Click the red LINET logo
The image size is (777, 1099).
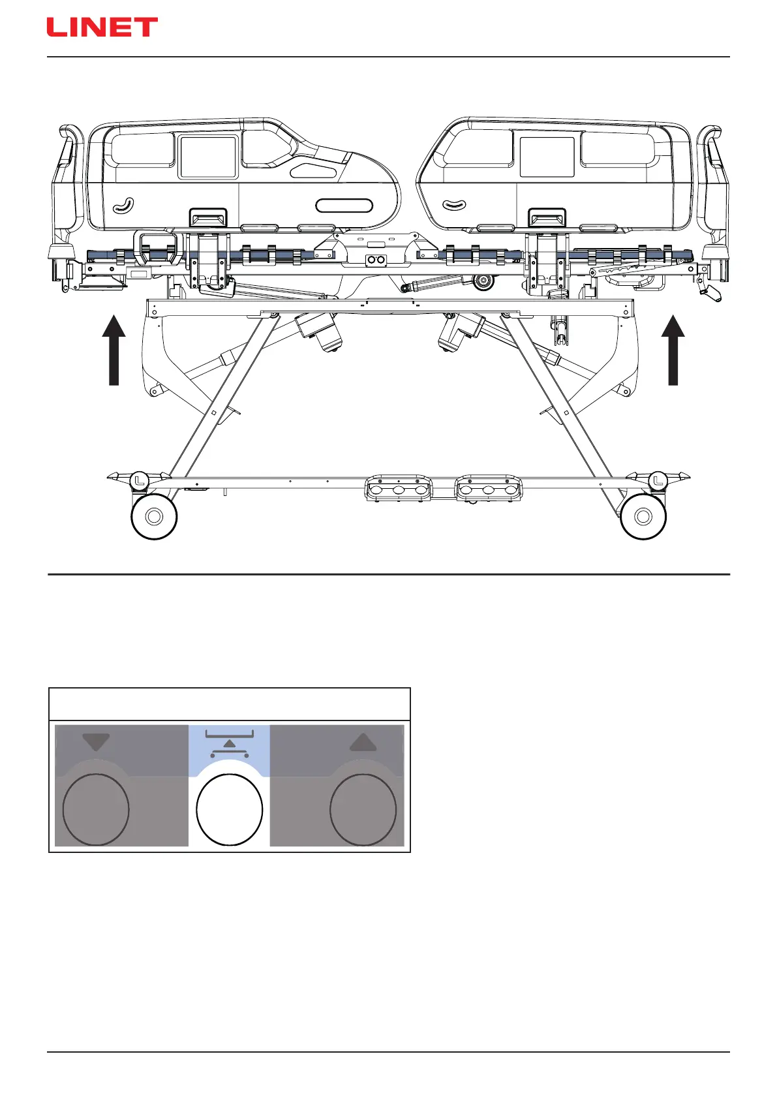102,27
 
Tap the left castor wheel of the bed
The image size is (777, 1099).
154,517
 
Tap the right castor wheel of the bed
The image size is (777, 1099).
643,517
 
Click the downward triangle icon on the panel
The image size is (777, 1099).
96,742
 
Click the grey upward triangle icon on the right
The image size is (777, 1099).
363,742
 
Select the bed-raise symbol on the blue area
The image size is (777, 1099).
229,744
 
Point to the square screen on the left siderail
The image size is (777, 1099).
208,157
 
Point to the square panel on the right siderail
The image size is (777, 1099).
547,157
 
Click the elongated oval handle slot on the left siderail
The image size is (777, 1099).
344,206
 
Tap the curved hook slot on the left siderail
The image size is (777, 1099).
123,206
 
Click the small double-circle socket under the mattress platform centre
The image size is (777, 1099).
375,260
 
